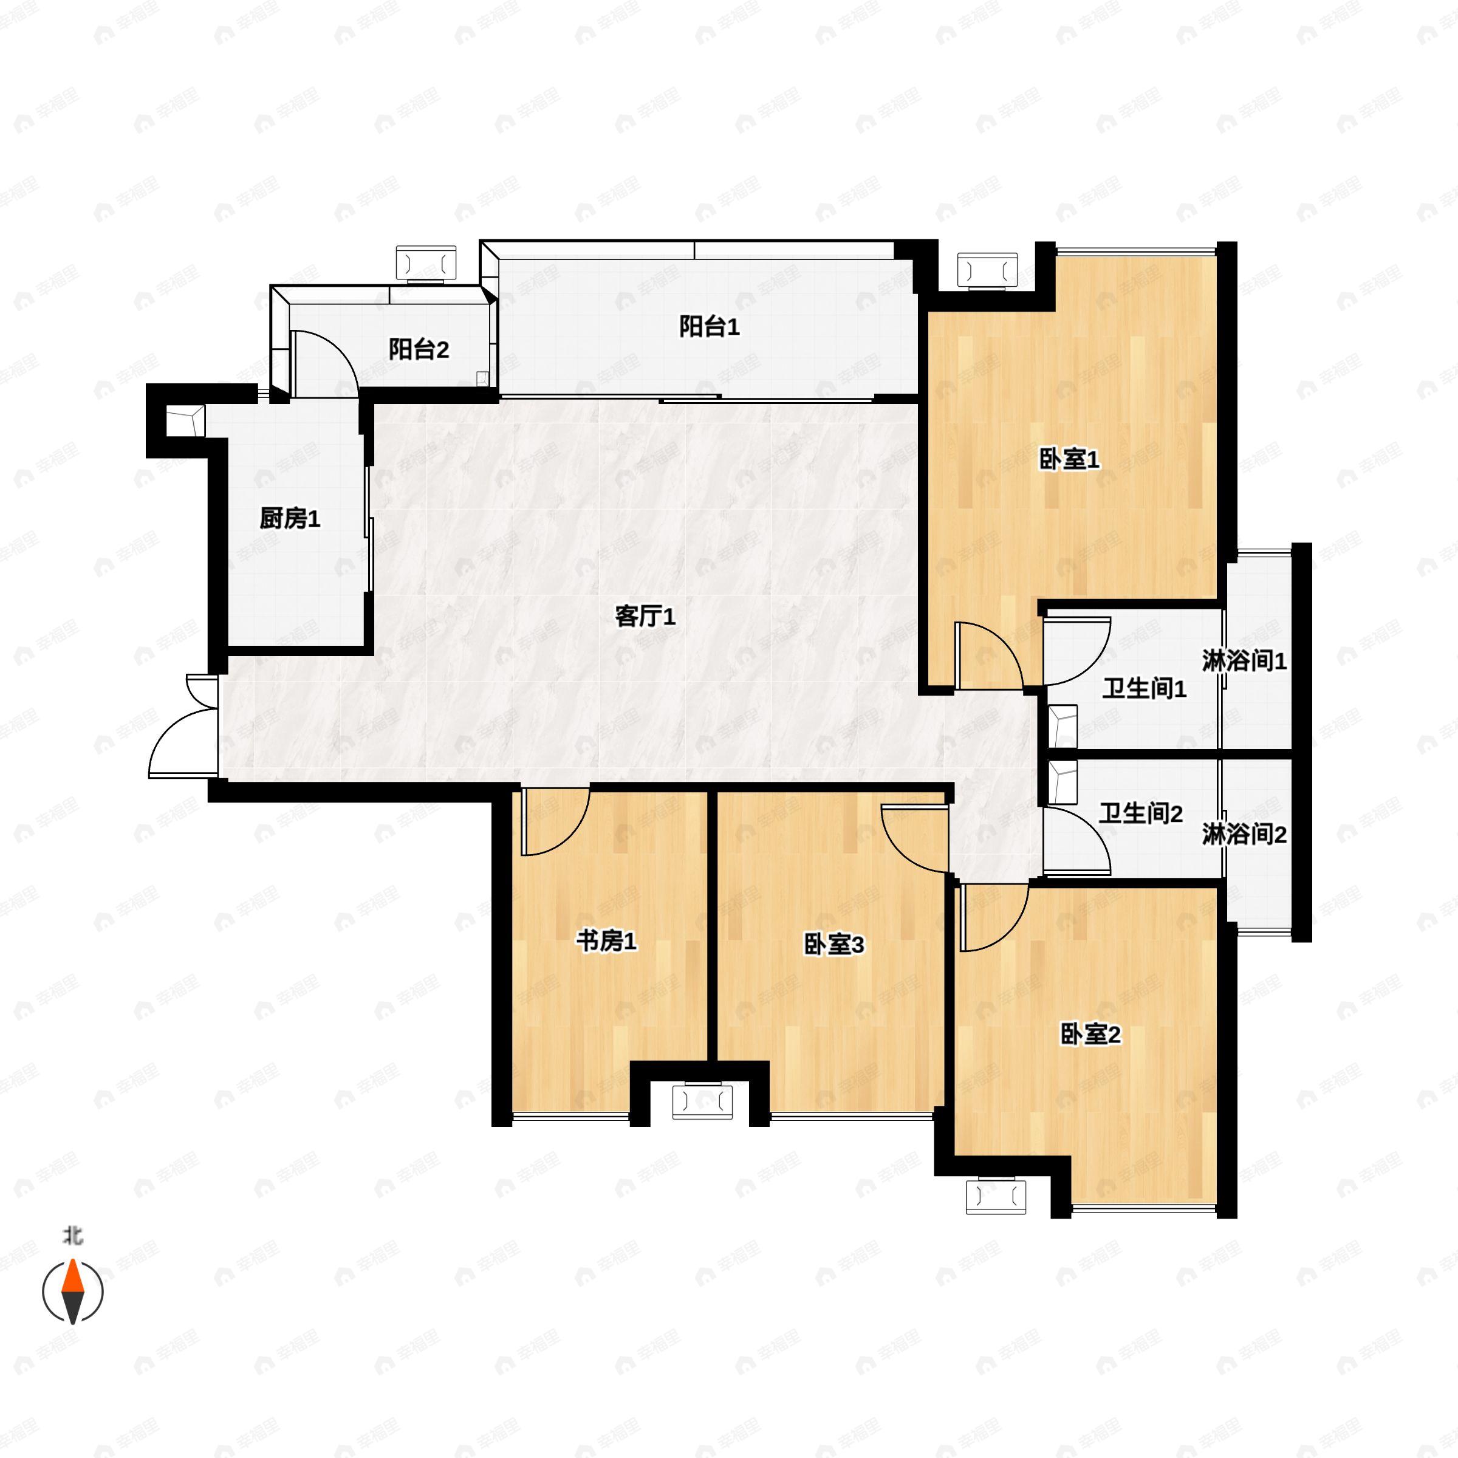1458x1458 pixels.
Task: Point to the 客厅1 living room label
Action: [645, 617]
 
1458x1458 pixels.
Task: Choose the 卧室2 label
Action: [1090, 1034]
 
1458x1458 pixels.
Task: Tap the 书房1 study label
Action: [606, 940]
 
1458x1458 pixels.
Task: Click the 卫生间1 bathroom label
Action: [1144, 688]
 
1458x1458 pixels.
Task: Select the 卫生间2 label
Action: [1140, 813]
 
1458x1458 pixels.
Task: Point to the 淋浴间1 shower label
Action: [1244, 661]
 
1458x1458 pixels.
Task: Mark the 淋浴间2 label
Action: [1244, 835]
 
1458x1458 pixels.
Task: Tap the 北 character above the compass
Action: [72, 1236]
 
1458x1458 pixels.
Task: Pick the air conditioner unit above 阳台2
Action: [426, 262]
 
